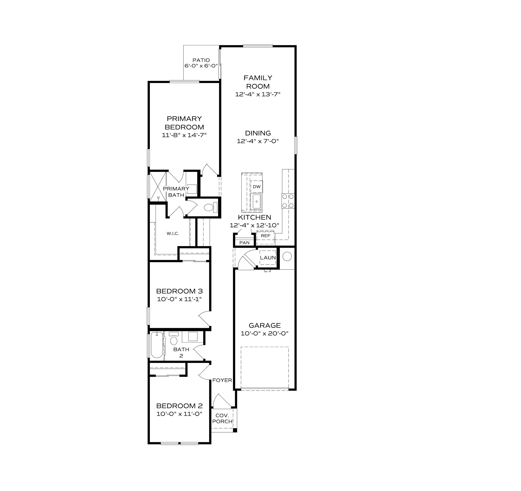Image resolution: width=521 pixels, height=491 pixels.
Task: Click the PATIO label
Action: [201, 60]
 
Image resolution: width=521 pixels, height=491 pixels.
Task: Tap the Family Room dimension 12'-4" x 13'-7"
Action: [258, 94]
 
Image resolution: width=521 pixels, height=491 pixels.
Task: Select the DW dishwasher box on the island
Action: [257, 187]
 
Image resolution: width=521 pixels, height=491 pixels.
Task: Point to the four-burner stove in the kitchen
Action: [288, 201]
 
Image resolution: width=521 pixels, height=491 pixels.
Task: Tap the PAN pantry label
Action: [244, 243]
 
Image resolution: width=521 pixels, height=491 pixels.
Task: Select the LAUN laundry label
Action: [268, 258]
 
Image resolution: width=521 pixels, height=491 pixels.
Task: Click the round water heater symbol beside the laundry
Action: [287, 256]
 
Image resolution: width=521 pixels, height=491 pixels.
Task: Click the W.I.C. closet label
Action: [173, 234]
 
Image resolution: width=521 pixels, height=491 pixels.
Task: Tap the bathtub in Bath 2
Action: [157, 345]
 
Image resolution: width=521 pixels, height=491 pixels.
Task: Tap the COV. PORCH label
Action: [222, 419]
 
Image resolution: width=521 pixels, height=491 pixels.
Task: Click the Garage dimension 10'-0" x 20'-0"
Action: [265, 333]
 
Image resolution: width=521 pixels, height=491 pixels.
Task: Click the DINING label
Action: [258, 133]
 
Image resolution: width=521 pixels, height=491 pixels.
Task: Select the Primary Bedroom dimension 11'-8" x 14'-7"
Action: [184, 135]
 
